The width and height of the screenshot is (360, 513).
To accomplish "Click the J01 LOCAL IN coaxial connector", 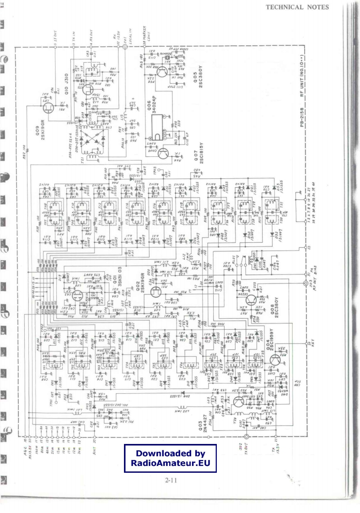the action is click(x=125, y=47).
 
